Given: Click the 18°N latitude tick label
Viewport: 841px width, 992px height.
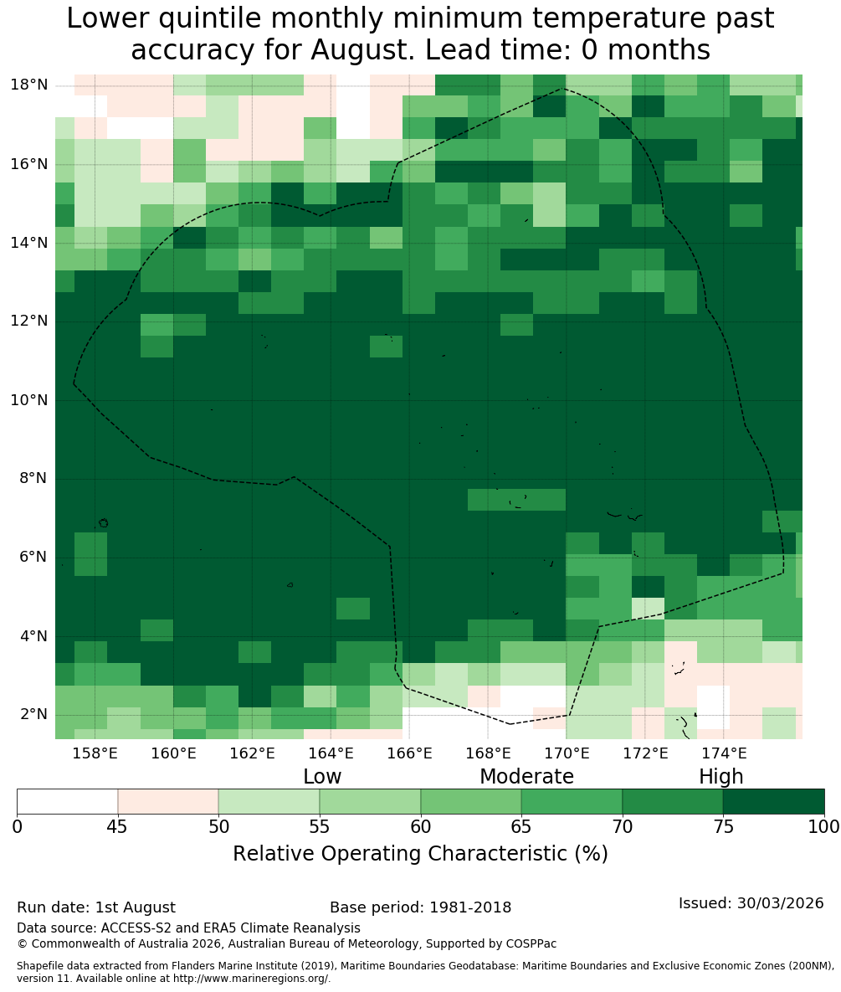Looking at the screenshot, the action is [30, 85].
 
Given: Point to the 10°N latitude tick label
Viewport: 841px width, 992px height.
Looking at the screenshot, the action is [30, 400].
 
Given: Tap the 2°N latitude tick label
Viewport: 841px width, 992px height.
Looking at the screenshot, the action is [34, 714].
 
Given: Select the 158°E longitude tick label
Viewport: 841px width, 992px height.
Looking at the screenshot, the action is [95, 753].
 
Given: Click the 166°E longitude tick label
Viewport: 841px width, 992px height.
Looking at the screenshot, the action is [409, 753].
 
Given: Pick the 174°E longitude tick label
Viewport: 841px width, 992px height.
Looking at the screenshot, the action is [723, 753].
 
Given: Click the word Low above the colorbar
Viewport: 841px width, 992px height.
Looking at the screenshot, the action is [322, 776].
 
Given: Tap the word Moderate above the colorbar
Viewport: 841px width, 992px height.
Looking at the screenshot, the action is [526, 776].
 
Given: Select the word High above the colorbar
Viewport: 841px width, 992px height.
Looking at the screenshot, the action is [720, 777].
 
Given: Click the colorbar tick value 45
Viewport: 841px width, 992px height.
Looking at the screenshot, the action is [118, 826].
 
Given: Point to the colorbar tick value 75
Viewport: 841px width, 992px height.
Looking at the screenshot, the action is [723, 826].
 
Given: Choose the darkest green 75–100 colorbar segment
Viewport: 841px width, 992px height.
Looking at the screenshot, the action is [773, 802].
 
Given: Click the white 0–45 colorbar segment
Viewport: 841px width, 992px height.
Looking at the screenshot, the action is [68, 802].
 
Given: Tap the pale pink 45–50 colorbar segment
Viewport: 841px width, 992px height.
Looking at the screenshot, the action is [168, 802].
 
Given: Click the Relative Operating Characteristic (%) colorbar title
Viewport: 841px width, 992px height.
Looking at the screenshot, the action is [420, 853].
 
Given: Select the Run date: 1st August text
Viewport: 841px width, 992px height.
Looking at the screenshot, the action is [96, 907].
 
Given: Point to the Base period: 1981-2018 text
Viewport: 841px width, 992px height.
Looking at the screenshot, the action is [420, 907].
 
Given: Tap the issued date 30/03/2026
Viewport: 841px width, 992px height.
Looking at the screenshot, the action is [780, 902].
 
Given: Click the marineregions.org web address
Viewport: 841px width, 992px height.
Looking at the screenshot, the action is [251, 978].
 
